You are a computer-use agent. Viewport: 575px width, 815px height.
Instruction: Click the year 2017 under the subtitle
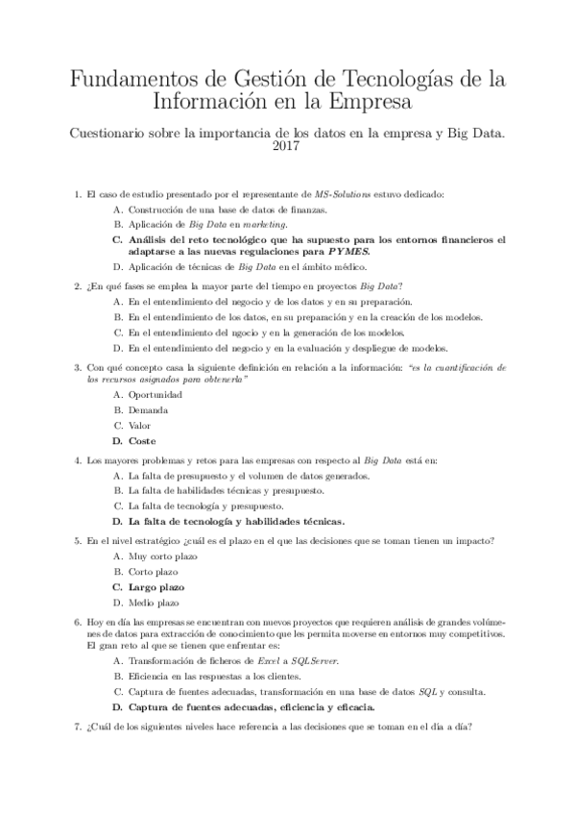[x=287, y=147]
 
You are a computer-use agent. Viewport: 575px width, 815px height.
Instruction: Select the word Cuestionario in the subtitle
[x=112, y=132]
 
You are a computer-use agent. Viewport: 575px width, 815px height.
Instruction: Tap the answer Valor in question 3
[x=140, y=426]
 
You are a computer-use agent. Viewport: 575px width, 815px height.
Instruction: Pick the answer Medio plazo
[x=154, y=602]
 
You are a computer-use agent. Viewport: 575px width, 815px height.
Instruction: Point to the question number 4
[x=77, y=460]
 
